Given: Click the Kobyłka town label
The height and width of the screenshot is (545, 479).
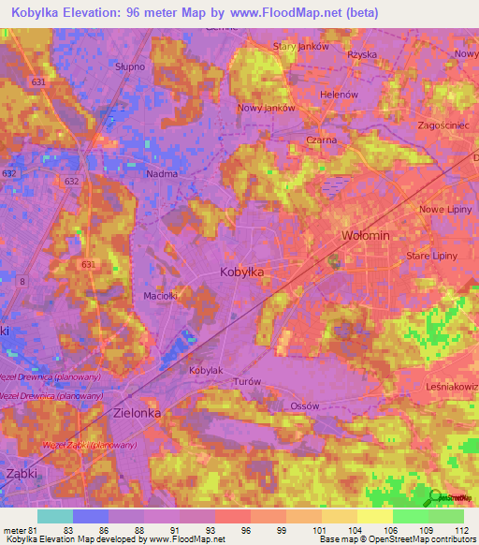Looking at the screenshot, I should click(241, 271).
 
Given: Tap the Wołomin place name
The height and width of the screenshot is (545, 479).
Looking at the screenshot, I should click(366, 235).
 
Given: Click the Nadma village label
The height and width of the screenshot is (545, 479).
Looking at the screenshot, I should click(162, 173).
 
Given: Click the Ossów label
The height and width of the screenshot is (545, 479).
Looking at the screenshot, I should click(305, 405).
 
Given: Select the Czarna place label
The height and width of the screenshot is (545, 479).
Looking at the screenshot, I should click(322, 140).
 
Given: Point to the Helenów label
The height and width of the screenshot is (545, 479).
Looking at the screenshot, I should click(339, 95).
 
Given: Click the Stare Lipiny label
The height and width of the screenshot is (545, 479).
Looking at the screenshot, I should click(431, 255).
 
